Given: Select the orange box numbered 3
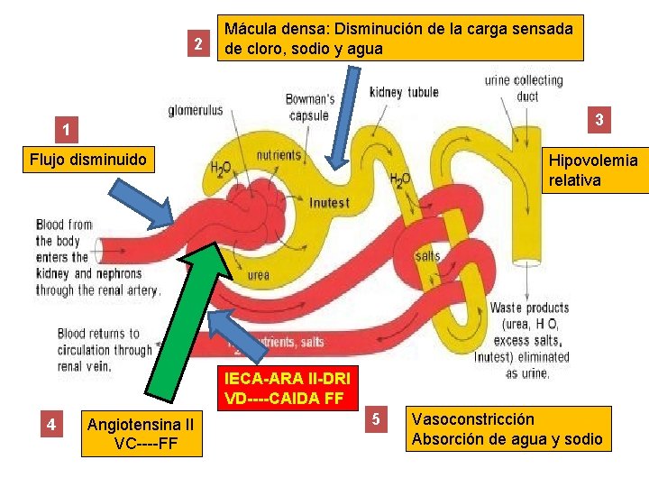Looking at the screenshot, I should click(x=599, y=118).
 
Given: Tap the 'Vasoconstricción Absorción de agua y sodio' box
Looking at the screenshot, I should click(x=507, y=429).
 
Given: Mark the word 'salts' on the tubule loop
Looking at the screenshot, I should click(x=428, y=256).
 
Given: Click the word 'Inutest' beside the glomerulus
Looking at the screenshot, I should click(x=329, y=202).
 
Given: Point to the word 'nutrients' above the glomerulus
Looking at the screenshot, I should click(x=279, y=155).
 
